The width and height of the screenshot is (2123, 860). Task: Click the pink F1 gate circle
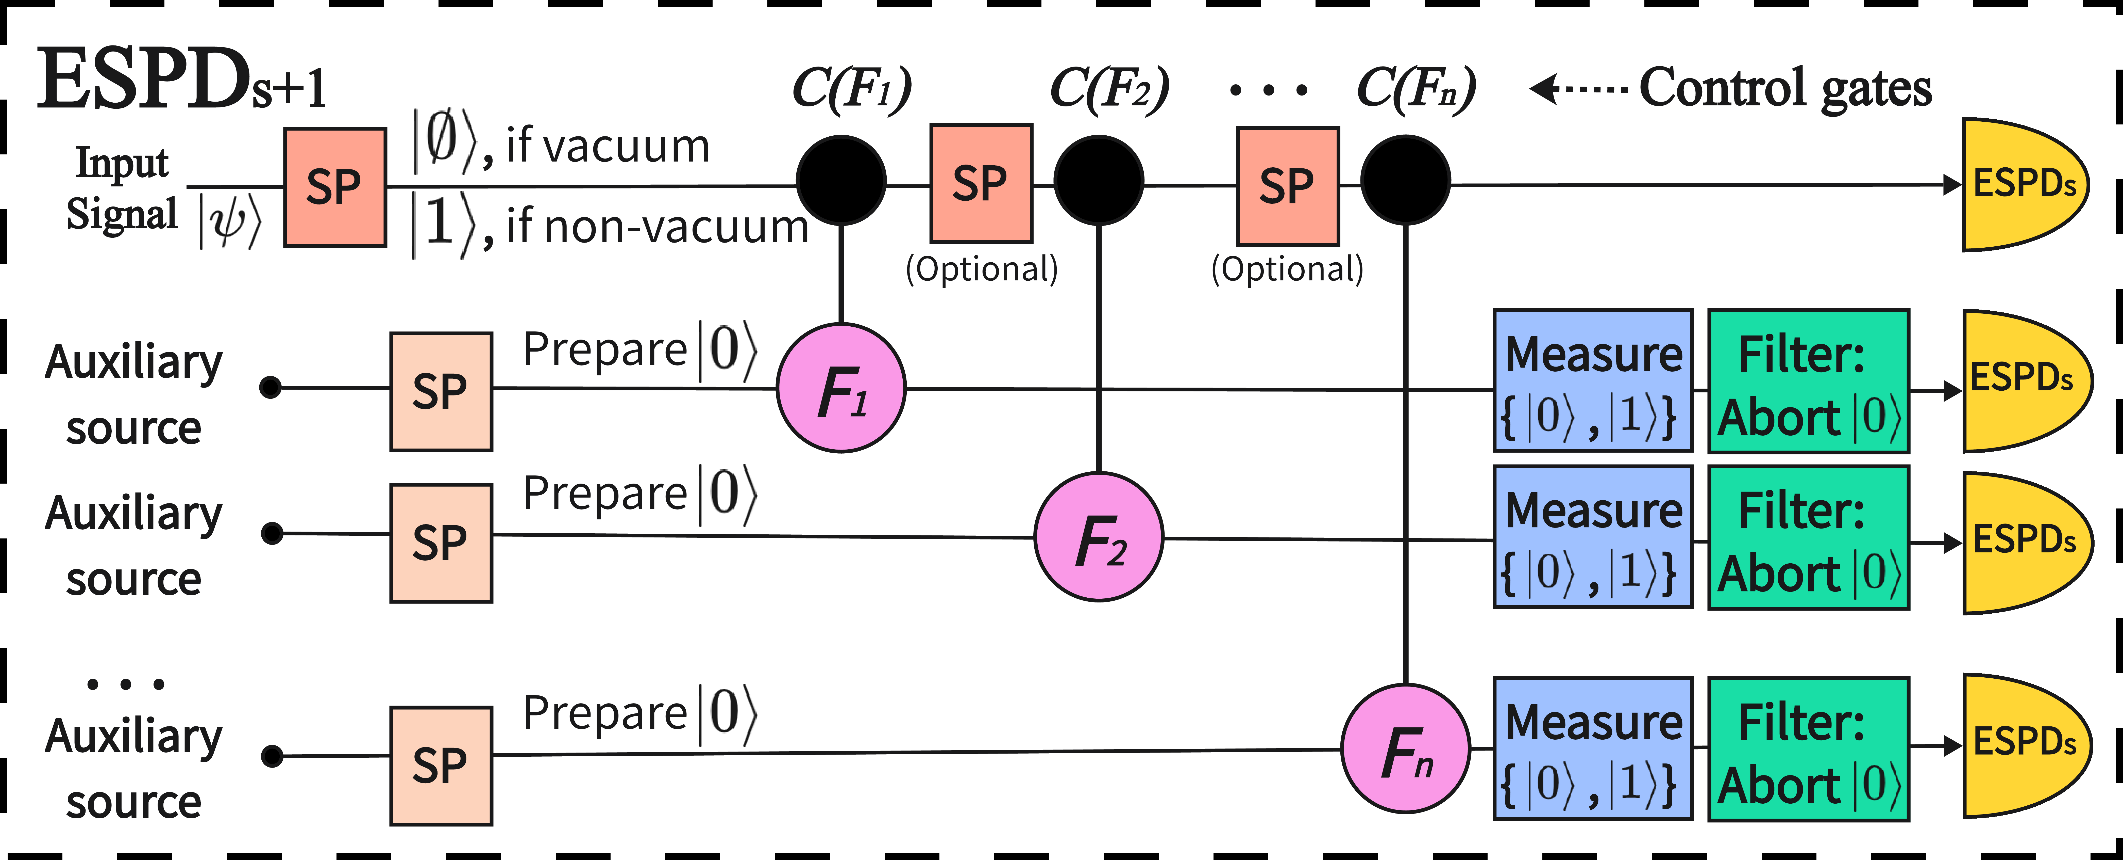(x=841, y=388)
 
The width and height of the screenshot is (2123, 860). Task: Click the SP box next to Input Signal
(x=335, y=187)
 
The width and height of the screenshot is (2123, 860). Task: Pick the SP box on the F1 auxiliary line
(x=441, y=392)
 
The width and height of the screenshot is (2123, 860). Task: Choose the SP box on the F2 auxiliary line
(x=441, y=543)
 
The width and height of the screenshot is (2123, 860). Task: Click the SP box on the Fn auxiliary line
(x=441, y=765)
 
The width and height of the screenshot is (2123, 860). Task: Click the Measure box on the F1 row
(x=1592, y=381)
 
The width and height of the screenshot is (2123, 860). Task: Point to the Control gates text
(x=1784, y=88)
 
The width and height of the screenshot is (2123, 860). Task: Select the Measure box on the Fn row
(x=1592, y=749)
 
